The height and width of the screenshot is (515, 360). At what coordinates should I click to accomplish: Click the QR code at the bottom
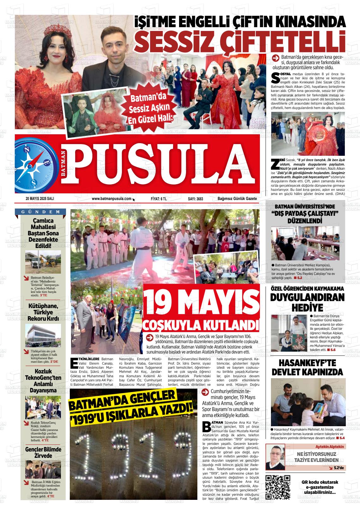[278, 487]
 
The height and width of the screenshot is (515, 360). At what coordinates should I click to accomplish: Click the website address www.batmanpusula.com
[111, 199]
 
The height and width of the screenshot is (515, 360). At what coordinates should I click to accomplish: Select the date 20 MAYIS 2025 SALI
[40, 199]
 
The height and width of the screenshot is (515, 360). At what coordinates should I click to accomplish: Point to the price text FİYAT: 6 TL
[159, 199]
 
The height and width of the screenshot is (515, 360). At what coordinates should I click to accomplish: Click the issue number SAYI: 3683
[195, 199]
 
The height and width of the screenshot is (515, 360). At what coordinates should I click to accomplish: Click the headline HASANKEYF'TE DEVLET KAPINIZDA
[307, 367]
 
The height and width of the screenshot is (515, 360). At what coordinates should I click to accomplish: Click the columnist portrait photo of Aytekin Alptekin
[275, 457]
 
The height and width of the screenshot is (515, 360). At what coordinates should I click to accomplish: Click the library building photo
[43, 335]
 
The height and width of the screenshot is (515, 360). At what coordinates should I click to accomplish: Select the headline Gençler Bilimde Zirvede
[43, 452]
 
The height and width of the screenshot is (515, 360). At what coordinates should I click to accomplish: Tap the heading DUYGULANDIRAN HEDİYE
[307, 302]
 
